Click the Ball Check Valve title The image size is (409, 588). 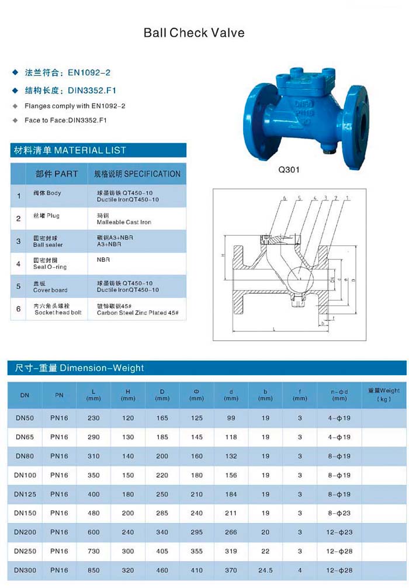pyautogui.click(x=194, y=33)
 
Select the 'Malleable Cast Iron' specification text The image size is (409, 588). pyautogui.click(x=124, y=222)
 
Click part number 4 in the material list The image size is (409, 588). pyautogui.click(x=19, y=264)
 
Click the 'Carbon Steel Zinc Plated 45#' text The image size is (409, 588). pyautogui.click(x=138, y=313)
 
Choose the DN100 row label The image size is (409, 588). pyautogui.click(x=25, y=475)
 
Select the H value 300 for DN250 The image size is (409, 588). pyautogui.click(x=127, y=551)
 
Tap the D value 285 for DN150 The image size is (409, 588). pyautogui.click(x=162, y=513)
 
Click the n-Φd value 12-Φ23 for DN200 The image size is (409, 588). pyautogui.click(x=339, y=532)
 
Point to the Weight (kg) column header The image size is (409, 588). pyautogui.click(x=383, y=395)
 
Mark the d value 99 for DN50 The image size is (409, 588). pyautogui.click(x=231, y=418)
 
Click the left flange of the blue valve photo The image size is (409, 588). pyautogui.click(x=258, y=123)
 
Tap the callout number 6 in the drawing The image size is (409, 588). pyautogui.click(x=285, y=199)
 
